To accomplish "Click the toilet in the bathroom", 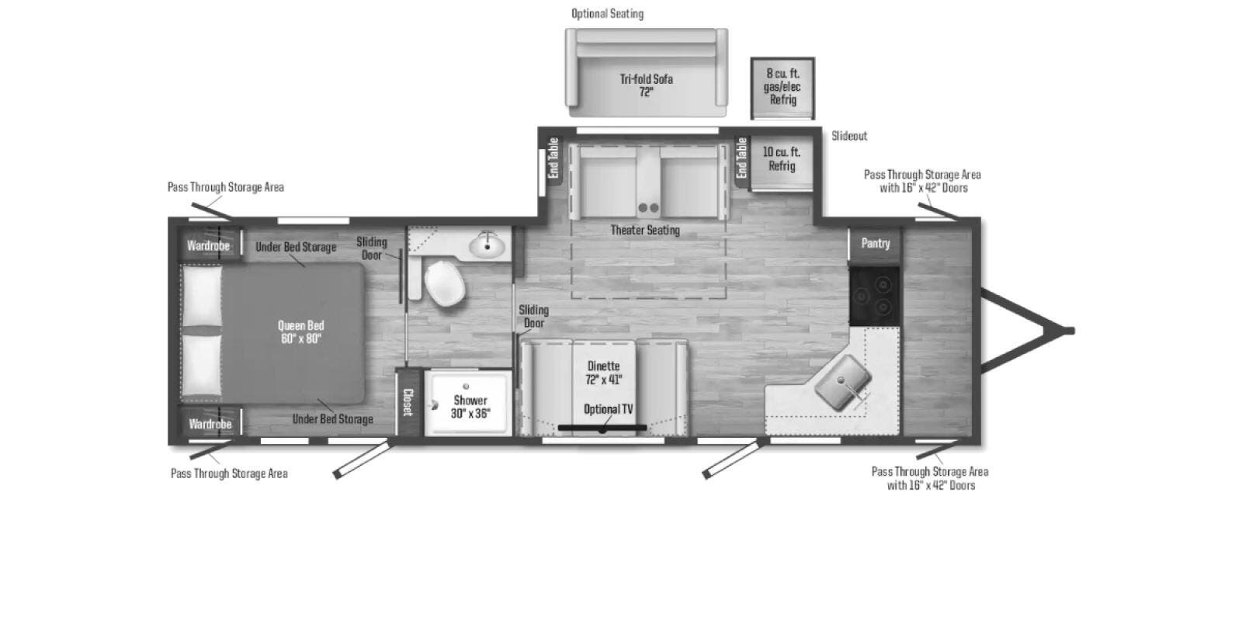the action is click(443, 283).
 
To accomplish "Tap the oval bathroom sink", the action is click(487, 244).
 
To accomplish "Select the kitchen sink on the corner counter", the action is click(843, 383).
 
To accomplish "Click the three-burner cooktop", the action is click(874, 296).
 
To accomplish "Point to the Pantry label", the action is click(876, 243).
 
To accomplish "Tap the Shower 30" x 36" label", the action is click(470, 407).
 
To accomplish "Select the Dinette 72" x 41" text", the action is click(604, 373).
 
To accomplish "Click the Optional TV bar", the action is click(602, 428).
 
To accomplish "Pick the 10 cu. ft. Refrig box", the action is click(782, 163).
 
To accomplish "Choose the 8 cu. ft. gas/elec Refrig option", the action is click(782, 88).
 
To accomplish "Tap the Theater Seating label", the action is click(645, 230).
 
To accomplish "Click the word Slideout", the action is click(849, 136).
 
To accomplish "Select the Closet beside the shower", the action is click(408, 402).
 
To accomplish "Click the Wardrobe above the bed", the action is click(209, 245).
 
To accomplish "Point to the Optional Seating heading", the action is click(607, 13).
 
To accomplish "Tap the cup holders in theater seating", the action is click(648, 208).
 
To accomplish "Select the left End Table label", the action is click(553, 158).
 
